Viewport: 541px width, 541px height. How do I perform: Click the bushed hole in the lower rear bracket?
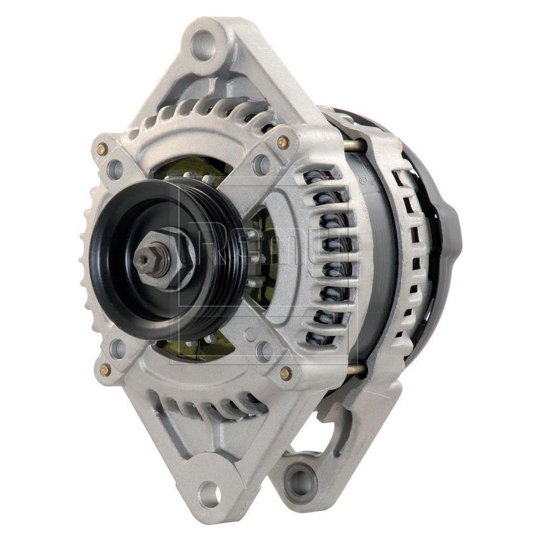(300, 474)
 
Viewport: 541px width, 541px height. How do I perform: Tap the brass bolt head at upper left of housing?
(102, 149)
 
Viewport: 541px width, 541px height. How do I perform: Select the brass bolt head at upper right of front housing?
(284, 142)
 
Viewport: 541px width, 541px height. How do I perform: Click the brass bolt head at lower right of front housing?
(286, 374)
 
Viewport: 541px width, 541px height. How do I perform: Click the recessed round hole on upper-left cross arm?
(116, 169)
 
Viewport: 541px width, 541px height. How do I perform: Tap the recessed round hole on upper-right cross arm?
(262, 164)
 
